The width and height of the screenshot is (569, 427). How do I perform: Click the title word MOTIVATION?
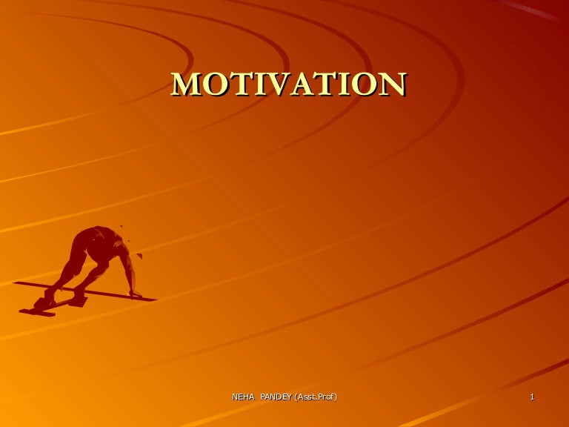288,85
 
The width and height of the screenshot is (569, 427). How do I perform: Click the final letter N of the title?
392,85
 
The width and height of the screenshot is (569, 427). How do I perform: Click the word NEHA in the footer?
242,398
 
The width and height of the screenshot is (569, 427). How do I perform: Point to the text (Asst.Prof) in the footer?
316,398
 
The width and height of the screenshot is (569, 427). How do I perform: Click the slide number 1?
532,398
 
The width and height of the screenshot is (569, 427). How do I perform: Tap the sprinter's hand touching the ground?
135,294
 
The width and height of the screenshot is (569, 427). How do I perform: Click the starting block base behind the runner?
37,311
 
